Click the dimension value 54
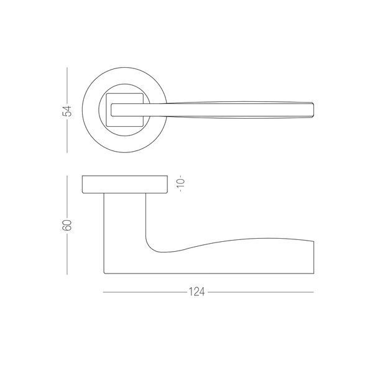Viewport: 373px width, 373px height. point(67,111)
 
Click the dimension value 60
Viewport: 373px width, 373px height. point(67,225)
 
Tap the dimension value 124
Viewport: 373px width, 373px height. point(196,292)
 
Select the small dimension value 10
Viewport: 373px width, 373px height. point(181,183)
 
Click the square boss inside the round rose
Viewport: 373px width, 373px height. point(125,110)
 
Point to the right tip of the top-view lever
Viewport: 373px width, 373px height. point(313,110)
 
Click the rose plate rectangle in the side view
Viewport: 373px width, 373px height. point(125,185)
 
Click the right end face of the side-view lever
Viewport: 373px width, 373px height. point(314,257)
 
